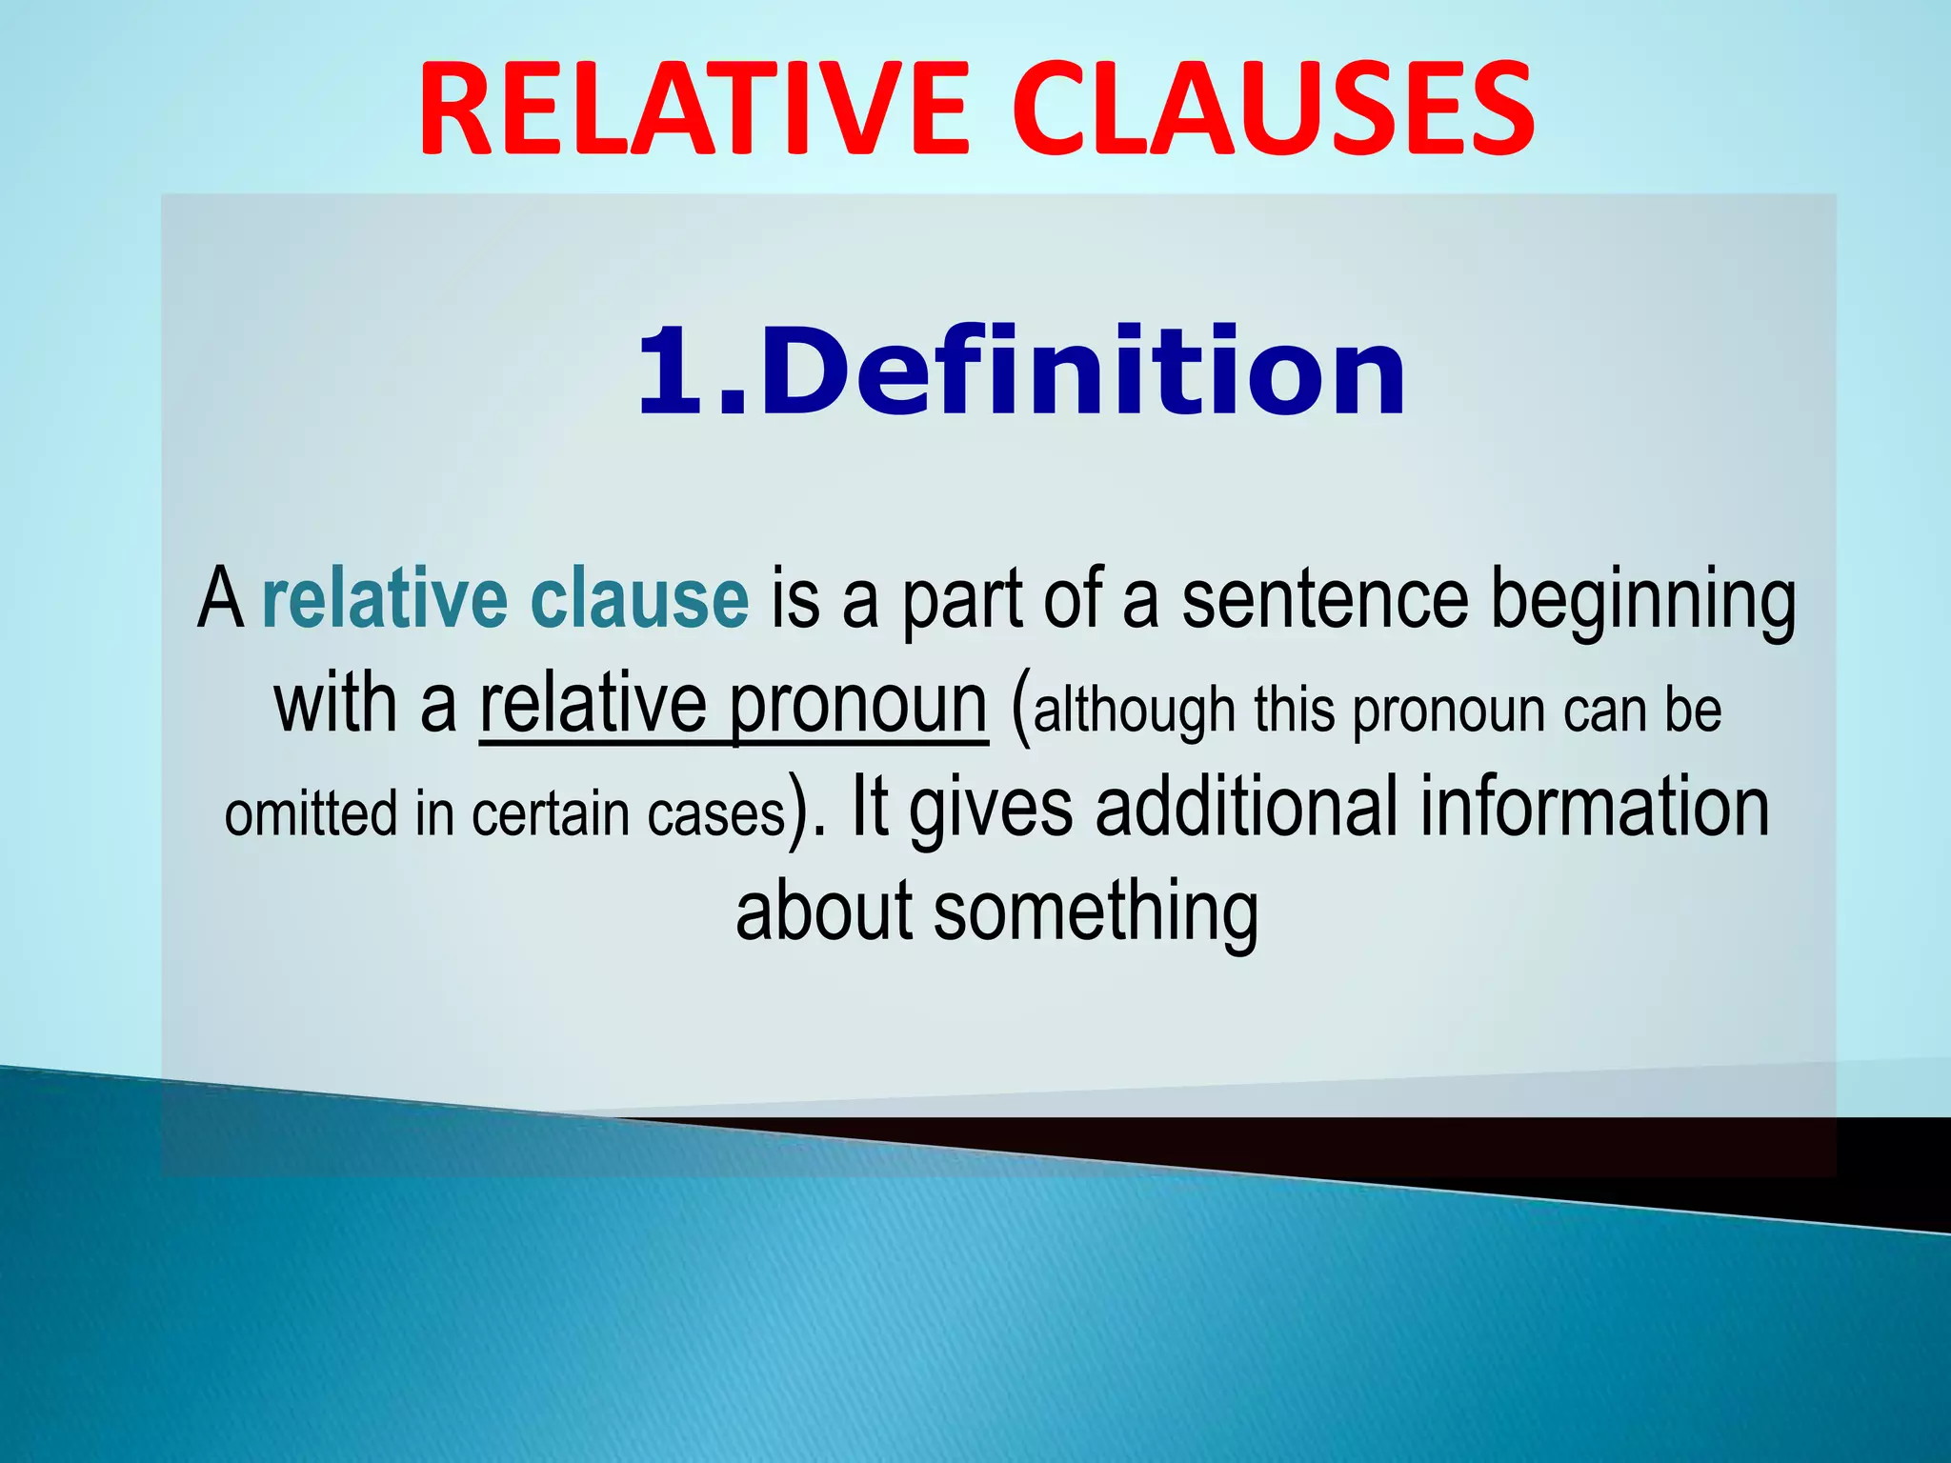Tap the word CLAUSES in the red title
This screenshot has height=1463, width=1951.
coord(1272,110)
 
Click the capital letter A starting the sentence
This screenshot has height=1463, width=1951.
coord(220,600)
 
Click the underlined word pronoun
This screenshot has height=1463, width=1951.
coord(857,707)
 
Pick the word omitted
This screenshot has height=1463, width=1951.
coord(311,815)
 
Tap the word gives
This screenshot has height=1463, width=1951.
coord(991,810)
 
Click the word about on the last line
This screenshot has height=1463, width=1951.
coord(824,912)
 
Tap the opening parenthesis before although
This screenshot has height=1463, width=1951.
coord(1019,710)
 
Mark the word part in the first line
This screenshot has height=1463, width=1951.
coord(962,602)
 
